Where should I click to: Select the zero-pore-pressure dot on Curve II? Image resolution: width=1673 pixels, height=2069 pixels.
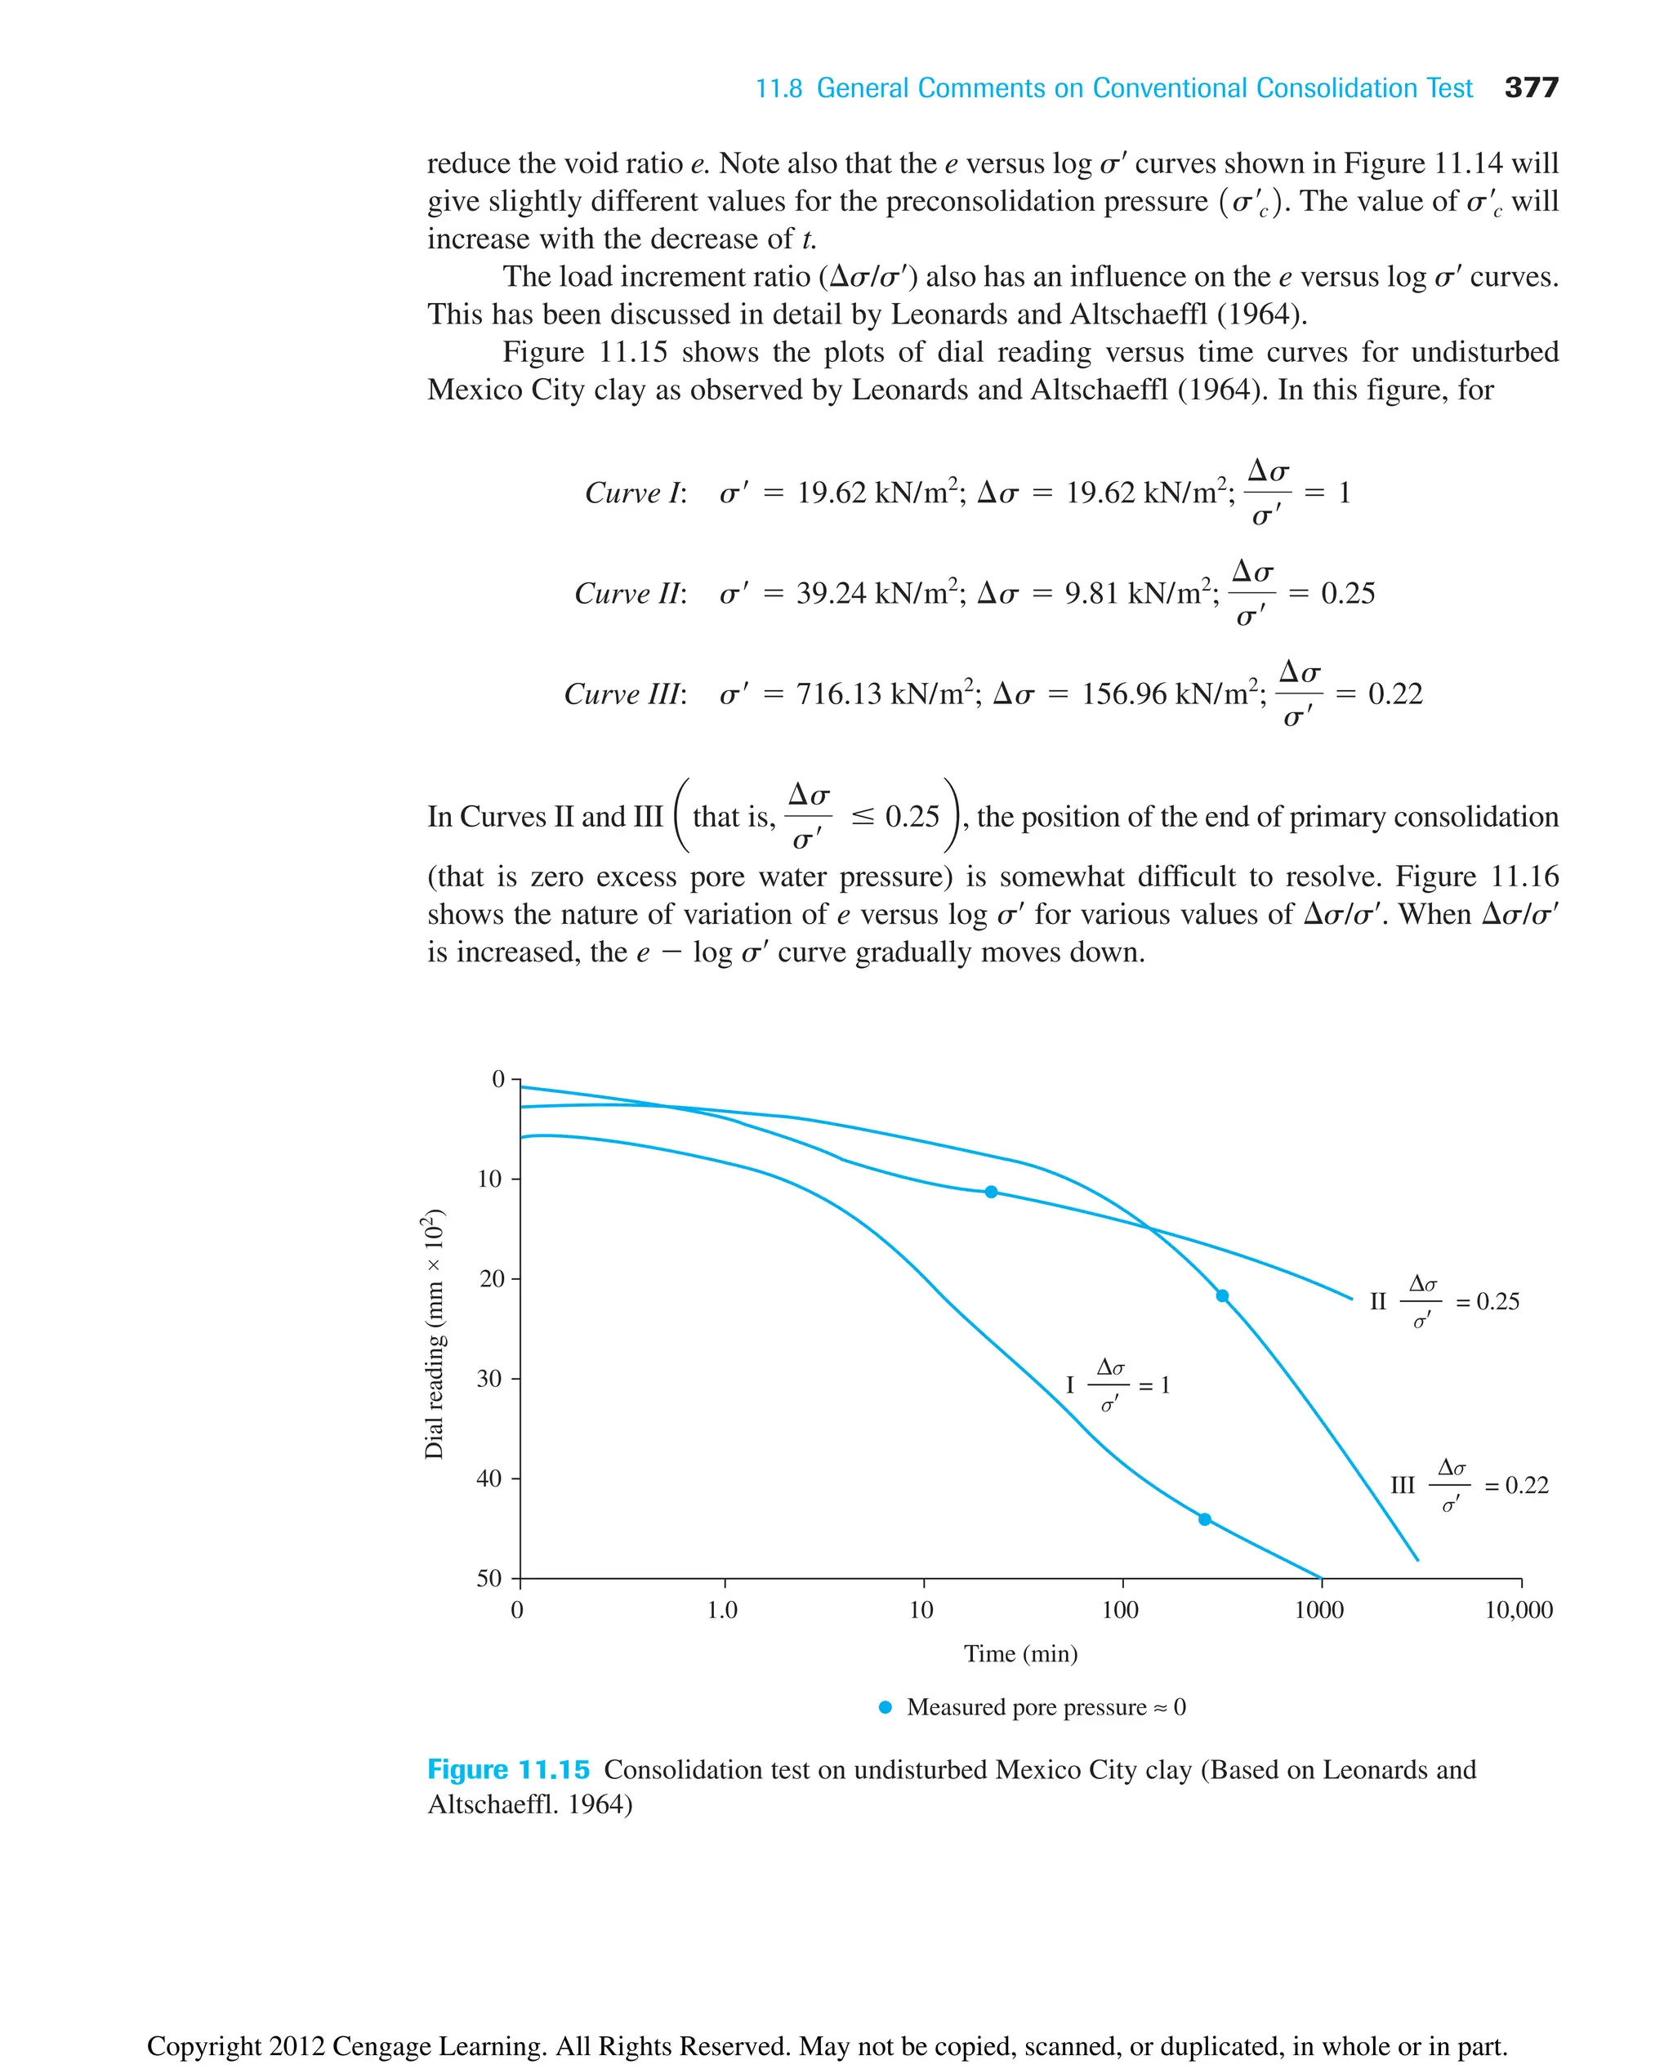tap(991, 1192)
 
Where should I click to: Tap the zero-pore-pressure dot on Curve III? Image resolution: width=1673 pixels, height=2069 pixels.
tap(1222, 1296)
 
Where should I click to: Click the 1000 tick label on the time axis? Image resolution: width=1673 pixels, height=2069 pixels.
tap(1318, 1610)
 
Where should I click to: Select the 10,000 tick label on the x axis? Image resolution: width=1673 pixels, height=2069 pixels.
tap(1518, 1610)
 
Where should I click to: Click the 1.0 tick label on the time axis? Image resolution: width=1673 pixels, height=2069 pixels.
tap(722, 1610)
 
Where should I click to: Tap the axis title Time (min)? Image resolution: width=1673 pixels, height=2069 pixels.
tap(1020, 1654)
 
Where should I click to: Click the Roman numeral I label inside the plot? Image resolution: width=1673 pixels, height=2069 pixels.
tap(1069, 1385)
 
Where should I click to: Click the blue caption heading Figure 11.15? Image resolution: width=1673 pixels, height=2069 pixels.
tap(508, 1770)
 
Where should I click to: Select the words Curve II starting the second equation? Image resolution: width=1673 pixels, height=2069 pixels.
tap(628, 594)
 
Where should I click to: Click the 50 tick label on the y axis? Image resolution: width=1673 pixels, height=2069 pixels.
tap(489, 1578)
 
